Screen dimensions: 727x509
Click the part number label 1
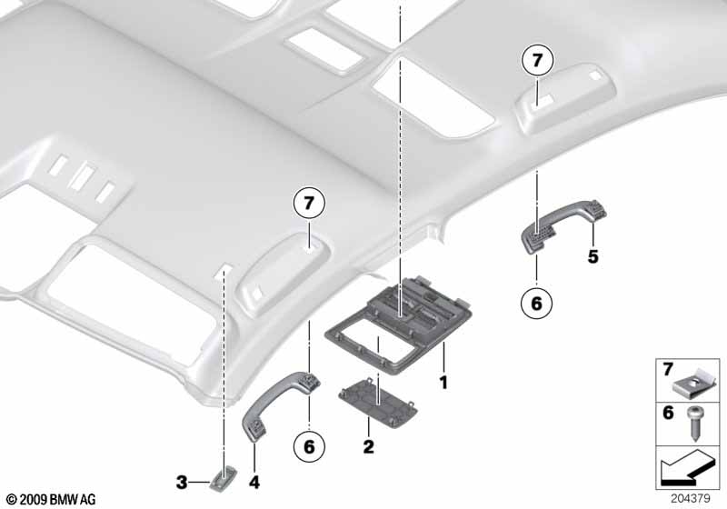(443, 383)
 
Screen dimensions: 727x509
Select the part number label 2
(368, 447)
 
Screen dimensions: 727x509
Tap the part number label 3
(182, 483)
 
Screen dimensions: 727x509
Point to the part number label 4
(254, 483)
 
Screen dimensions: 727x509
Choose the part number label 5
(593, 256)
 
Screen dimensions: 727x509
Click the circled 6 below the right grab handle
(536, 304)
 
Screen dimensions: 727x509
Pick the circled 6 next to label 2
(309, 447)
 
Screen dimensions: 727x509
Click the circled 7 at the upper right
(537, 61)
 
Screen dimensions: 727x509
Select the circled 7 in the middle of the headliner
(309, 203)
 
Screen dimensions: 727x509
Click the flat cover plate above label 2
(379, 403)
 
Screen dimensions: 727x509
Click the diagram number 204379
(690, 499)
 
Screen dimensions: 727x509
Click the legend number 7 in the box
(668, 370)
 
